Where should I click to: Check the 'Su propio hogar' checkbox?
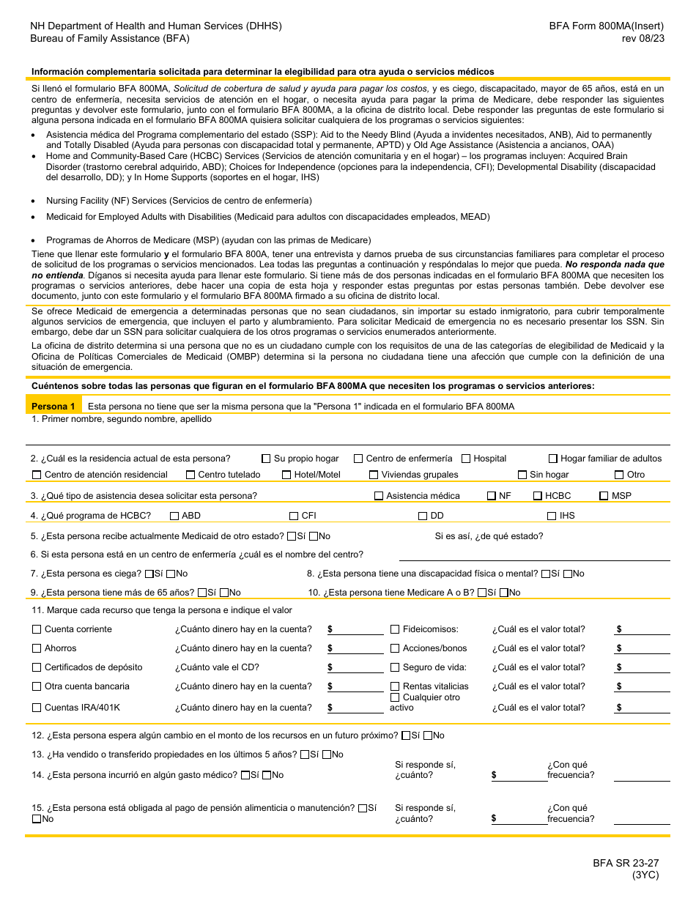(x=266, y=459)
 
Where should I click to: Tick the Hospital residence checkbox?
(x=466, y=459)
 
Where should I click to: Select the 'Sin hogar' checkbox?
(x=522, y=475)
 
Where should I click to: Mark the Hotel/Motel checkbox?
(x=286, y=475)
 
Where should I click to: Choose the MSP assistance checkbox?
(x=604, y=496)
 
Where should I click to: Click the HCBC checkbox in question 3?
(x=537, y=496)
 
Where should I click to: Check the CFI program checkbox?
(x=294, y=516)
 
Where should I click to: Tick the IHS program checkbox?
(x=552, y=516)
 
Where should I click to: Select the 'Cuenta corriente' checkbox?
(x=37, y=629)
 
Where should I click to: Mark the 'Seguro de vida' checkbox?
(x=395, y=667)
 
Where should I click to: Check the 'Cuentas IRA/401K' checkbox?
(x=37, y=708)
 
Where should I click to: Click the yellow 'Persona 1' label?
(x=53, y=407)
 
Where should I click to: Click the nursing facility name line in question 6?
(x=534, y=555)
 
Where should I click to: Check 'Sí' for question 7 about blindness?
(x=149, y=574)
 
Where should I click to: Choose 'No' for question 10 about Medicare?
(x=503, y=593)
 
